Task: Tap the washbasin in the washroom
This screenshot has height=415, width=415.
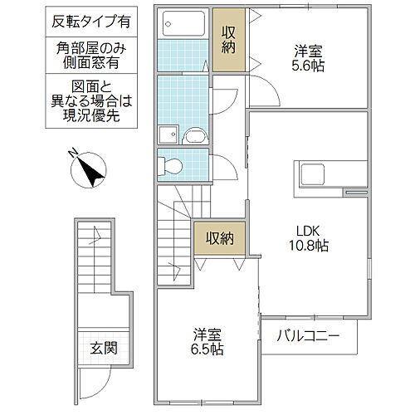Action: (198, 136)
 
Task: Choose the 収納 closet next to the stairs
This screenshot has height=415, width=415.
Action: (215, 238)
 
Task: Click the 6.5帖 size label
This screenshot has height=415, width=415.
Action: (205, 349)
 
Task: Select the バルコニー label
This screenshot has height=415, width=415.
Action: (309, 337)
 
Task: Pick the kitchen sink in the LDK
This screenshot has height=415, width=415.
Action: (314, 175)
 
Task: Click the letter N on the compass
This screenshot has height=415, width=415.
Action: (75, 154)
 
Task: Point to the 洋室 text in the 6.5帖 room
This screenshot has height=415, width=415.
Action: (205, 334)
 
